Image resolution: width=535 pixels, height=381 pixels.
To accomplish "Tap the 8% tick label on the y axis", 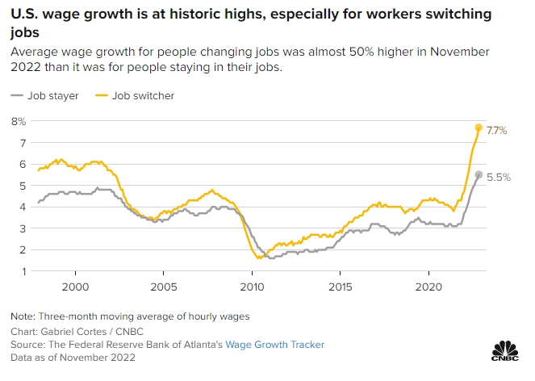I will (x=18, y=121).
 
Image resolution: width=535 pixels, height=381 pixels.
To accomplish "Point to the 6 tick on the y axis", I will (x=23, y=164).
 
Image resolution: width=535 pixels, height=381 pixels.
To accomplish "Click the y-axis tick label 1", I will (x=23, y=271).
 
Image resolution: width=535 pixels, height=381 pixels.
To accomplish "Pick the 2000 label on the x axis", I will (x=75, y=286).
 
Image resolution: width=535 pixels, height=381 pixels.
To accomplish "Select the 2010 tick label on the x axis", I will (x=253, y=286).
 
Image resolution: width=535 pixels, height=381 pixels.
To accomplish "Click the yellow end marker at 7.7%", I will (x=479, y=128).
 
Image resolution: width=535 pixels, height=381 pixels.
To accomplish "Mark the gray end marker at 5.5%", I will (x=479, y=174).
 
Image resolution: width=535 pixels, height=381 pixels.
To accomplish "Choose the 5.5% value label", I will (x=499, y=176).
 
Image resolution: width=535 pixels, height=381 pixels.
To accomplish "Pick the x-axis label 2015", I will (x=341, y=286).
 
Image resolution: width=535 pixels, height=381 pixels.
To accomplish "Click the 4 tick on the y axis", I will (x=23, y=207).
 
